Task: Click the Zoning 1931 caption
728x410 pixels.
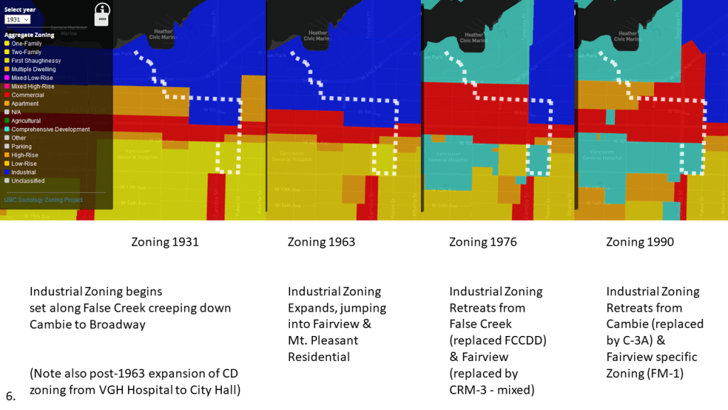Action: [x=165, y=242]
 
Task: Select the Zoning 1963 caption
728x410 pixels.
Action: [x=321, y=242]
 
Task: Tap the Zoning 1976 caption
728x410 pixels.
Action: [x=483, y=242]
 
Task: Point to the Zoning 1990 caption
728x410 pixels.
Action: [x=640, y=242]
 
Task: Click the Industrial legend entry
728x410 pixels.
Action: [x=26, y=172]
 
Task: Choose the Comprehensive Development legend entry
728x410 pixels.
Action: [x=50, y=130]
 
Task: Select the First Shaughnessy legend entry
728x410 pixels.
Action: [x=36, y=61]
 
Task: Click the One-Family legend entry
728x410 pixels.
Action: [x=26, y=43]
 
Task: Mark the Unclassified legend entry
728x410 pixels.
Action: [x=28, y=181]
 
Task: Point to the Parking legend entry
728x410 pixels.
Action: [x=23, y=147]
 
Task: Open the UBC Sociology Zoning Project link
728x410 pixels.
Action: [x=43, y=200]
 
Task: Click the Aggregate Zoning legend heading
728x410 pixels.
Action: [x=29, y=35]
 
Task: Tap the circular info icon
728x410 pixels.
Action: [x=103, y=9]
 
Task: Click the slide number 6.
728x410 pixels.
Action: [x=9, y=396]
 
